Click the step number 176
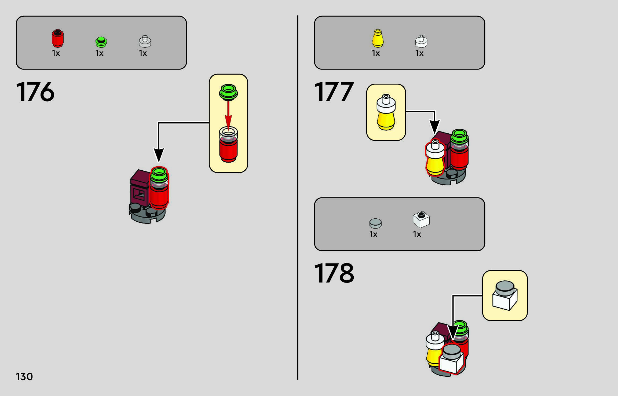tap(35, 92)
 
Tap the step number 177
tap(334, 92)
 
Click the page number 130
tap(24, 377)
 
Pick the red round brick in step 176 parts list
tap(57, 38)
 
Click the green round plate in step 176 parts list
tap(101, 42)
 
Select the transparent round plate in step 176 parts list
tap(145, 41)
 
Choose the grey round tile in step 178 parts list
tap(375, 223)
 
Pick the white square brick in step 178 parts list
tap(421, 219)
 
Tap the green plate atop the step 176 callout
tap(228, 92)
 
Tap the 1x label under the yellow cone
tap(376, 53)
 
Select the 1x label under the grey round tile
tap(373, 234)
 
